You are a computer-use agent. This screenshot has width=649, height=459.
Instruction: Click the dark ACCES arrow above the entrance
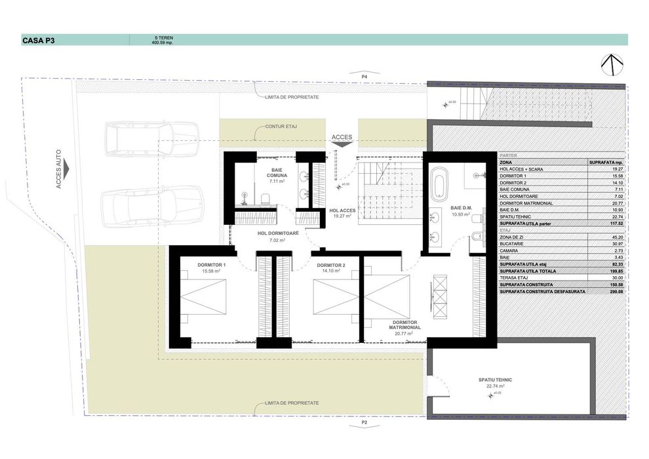[342, 146]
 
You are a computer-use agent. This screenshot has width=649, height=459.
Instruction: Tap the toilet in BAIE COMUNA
[264, 199]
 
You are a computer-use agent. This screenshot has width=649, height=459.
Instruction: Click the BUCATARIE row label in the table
[513, 245]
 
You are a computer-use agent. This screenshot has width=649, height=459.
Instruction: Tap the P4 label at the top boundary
[364, 77]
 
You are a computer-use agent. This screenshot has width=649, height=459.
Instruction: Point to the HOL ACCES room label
[342, 210]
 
